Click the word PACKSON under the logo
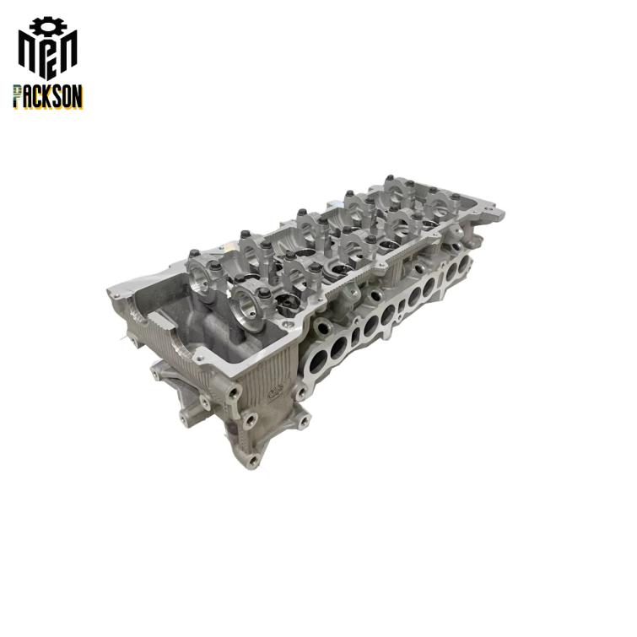pyautogui.click(x=48, y=96)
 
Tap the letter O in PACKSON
pyautogui.click(x=67, y=96)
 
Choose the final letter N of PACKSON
pyautogui.click(x=78, y=96)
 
